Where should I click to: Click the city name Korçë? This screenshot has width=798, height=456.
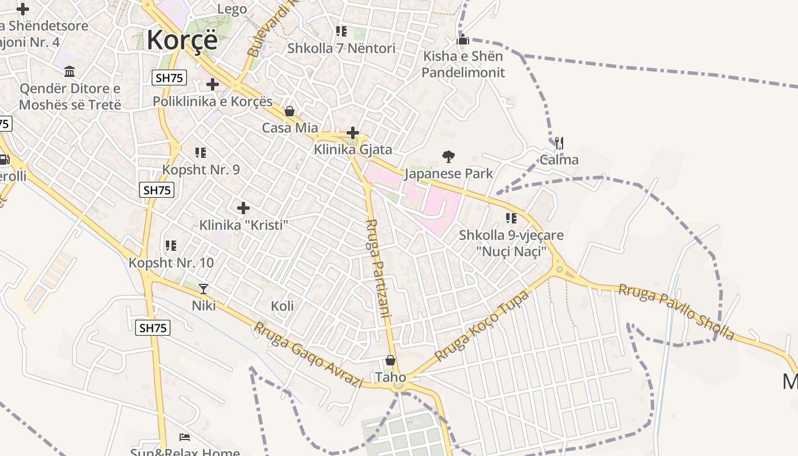(182, 40)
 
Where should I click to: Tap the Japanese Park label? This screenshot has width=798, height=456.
(449, 173)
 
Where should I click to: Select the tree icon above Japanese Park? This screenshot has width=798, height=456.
(449, 156)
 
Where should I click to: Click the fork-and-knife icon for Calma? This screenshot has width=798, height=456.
(559, 142)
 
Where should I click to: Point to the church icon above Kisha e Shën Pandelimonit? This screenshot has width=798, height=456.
(463, 39)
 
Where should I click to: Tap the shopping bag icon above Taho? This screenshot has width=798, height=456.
(390, 360)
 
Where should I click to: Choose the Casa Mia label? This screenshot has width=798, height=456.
(290, 128)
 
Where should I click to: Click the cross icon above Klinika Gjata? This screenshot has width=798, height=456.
(353, 133)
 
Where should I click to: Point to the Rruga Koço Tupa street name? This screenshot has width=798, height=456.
(482, 325)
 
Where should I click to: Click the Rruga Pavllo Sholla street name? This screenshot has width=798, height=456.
(677, 312)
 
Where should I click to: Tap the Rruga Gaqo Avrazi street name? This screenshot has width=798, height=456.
(308, 355)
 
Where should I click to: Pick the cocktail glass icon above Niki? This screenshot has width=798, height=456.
(203, 289)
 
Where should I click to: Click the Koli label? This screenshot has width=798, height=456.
(282, 306)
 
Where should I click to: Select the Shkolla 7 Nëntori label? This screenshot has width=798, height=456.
(341, 48)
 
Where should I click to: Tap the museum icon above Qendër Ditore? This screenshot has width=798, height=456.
(70, 72)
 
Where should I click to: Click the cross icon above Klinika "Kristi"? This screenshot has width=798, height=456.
(243, 208)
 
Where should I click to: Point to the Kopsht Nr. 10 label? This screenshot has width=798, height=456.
(171, 263)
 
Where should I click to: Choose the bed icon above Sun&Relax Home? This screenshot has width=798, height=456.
(185, 437)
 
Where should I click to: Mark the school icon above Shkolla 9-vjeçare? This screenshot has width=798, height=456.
(511, 218)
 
